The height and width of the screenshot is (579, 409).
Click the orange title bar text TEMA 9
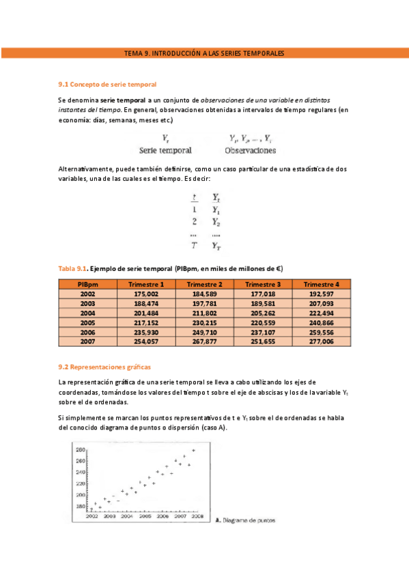(204, 53)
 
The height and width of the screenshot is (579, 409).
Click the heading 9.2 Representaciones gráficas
(105, 367)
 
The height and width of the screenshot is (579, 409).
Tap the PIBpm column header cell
(87, 284)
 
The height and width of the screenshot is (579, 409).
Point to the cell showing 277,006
(321, 341)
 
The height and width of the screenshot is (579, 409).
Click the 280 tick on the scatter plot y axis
(80, 450)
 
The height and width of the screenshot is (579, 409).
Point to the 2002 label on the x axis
(91, 517)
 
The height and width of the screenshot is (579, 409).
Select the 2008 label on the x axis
(197, 517)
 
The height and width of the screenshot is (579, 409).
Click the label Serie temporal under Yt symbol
(165, 150)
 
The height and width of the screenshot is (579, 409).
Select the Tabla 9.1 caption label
(73, 269)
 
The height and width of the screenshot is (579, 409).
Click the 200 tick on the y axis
(80, 494)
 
